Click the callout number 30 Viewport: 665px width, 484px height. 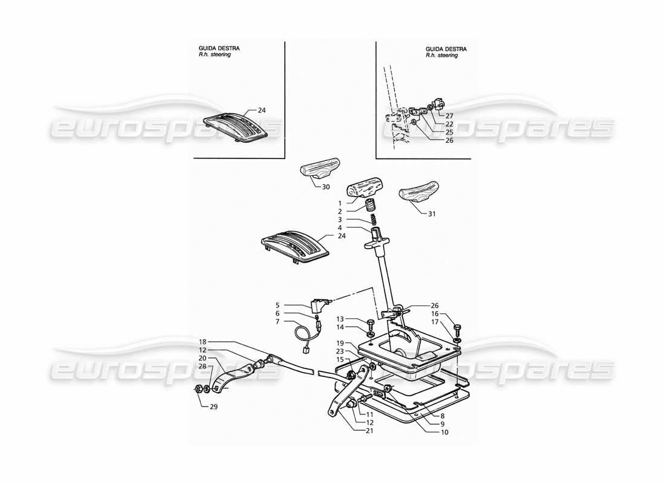[x=326, y=187]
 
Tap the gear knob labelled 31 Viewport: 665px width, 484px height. [x=418, y=193]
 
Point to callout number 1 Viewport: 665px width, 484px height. [x=340, y=203]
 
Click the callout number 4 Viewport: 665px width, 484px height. [x=340, y=228]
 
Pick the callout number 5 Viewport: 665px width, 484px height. [x=277, y=306]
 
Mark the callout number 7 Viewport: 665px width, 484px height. [x=277, y=322]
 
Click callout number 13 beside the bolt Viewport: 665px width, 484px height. [x=340, y=319]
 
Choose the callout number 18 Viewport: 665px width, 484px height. [x=204, y=341]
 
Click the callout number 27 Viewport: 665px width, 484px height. [x=449, y=115]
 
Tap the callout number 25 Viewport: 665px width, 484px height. [x=449, y=132]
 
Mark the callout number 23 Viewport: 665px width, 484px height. [x=340, y=351]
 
